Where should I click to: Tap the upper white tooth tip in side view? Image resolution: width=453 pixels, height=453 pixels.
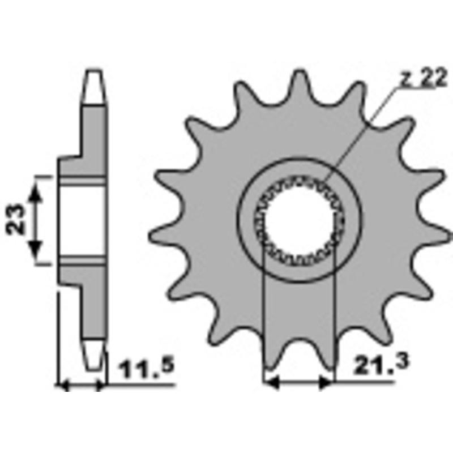(94, 85)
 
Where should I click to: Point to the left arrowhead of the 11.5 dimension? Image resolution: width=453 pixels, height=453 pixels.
(64, 385)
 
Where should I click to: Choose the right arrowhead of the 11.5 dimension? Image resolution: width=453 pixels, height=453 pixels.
(101, 385)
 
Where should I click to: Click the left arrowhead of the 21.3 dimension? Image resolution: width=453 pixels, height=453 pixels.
(272, 383)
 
